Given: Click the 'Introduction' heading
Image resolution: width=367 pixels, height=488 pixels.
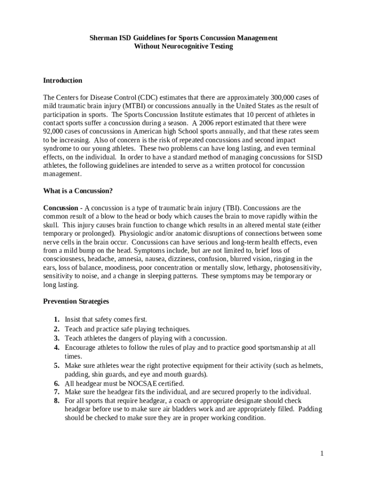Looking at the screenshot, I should coord(62,81).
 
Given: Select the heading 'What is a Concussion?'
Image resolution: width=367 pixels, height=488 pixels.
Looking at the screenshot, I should coord(78,191).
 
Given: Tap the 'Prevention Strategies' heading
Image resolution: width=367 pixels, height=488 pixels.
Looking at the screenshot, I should coord(76,301).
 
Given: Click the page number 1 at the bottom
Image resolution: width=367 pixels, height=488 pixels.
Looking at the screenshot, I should coord(322,453).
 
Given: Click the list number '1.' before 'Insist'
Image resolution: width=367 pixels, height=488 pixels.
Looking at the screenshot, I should coord(56,320).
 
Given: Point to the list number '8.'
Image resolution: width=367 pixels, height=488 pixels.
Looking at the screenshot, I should coord(56,401).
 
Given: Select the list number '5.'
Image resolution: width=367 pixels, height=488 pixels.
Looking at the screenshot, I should coord(56,366).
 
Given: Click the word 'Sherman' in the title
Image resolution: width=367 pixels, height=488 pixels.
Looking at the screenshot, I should coord(104,38).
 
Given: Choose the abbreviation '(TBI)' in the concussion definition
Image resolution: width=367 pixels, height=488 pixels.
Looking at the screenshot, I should coord(232,208).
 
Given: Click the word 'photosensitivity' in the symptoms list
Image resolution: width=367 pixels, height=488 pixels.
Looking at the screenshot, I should coord(298,268).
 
